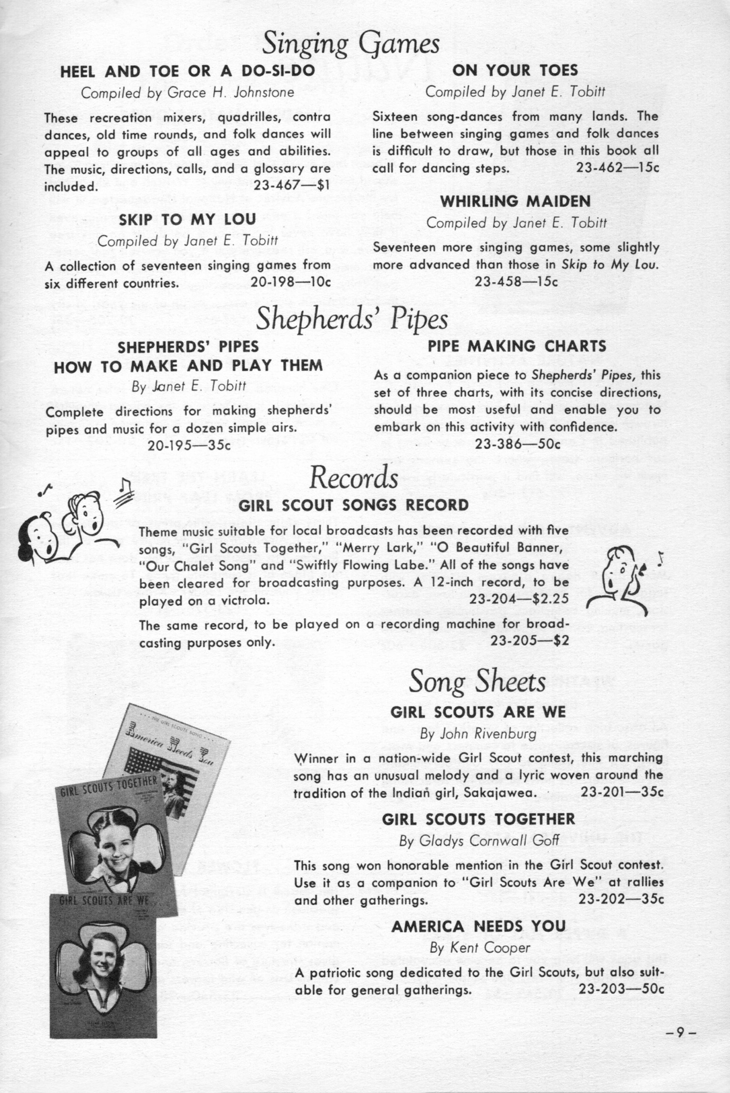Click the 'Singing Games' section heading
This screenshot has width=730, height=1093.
coord(351,44)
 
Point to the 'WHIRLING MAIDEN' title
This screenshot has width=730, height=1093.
coord(515,201)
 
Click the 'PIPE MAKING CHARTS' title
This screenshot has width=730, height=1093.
coord(517,346)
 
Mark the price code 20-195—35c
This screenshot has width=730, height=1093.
coord(189,445)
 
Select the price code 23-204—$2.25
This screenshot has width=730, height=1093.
coord(519,601)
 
